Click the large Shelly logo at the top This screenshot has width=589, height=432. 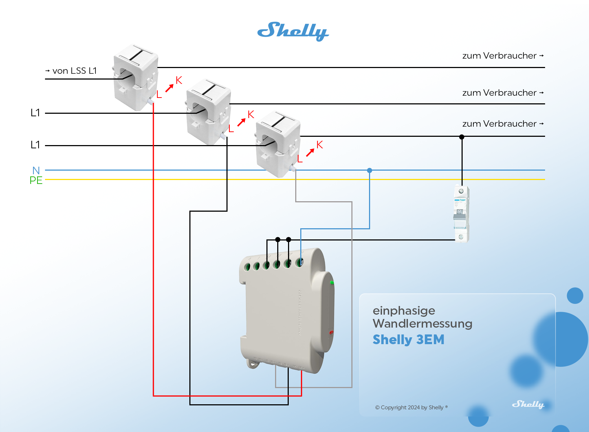point(293,31)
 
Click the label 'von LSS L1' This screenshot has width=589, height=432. point(74,71)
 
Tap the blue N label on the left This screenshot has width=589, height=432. point(36,170)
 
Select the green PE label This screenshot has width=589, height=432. point(36,180)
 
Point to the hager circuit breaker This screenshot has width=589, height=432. point(461,214)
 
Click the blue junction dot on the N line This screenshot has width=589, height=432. point(369,170)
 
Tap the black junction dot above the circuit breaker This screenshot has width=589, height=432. point(462,137)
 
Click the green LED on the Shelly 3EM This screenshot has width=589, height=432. point(332,283)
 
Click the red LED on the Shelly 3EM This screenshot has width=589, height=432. point(331,332)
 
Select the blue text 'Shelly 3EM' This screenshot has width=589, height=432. point(408,339)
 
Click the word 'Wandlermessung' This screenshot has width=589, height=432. point(422,323)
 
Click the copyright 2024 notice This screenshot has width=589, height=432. point(411,408)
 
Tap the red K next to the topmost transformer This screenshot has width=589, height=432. point(179,80)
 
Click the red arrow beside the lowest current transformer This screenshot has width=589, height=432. point(310,153)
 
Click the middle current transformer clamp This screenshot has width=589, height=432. point(208,111)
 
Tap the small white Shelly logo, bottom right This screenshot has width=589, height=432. point(528,404)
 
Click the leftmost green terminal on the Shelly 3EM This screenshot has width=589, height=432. point(247,267)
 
